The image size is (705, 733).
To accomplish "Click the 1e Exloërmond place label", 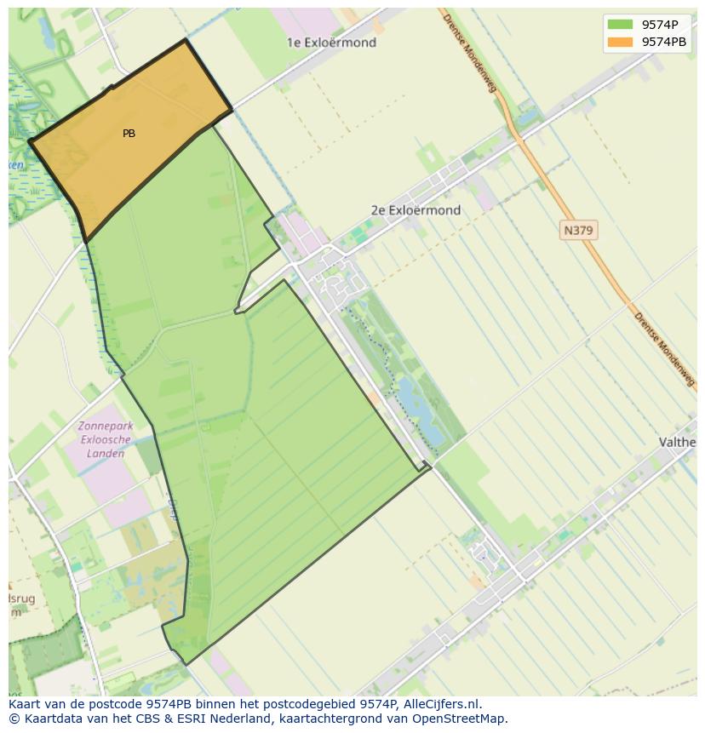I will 331,43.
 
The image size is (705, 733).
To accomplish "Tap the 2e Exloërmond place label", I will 416,210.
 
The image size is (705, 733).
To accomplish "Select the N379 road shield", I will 579,230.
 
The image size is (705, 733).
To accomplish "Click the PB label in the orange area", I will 129,134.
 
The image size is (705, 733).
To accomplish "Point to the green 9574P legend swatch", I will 621,25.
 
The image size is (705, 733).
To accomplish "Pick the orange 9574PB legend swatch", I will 621,42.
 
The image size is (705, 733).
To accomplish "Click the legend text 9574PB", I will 664,42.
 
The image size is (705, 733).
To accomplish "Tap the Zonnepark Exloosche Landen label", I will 101,439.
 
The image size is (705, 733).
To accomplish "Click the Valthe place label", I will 679,442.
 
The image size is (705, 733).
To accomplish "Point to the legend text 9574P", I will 660,25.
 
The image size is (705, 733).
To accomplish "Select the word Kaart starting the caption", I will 26,704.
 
